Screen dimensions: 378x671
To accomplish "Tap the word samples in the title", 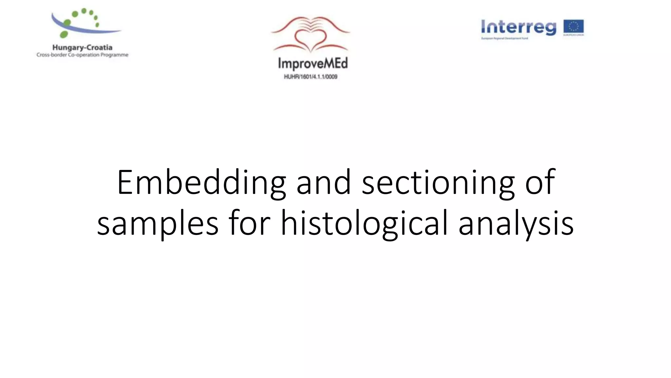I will tap(158, 223).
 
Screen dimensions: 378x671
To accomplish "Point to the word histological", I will tap(364, 223).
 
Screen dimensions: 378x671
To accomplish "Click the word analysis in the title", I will tap(516, 223).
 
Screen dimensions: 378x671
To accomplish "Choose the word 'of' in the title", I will tap(540, 182).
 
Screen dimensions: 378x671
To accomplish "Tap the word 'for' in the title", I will tap(249, 223).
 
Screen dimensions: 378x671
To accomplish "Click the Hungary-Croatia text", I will tap(82, 48).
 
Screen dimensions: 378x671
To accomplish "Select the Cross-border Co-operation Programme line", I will tap(82, 55).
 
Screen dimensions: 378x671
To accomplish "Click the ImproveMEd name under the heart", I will tap(313, 63).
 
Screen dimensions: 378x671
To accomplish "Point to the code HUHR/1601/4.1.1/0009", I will tap(311, 77).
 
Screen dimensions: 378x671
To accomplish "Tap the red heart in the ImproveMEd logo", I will tap(311, 39).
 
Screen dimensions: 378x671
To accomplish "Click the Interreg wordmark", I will tap(519, 27).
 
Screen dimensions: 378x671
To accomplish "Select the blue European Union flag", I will tap(573, 26).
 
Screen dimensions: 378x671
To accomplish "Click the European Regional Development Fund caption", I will tap(505, 38).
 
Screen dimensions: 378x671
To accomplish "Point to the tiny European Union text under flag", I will tap(573, 35).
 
